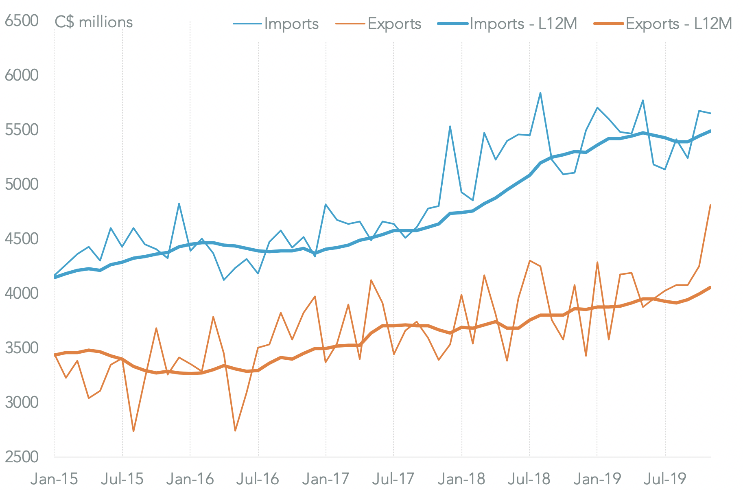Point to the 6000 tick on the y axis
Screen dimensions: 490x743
pyautogui.click(x=22, y=75)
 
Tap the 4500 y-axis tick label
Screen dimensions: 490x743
pyautogui.click(x=22, y=239)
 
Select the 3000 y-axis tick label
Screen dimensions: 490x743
pyautogui.click(x=22, y=402)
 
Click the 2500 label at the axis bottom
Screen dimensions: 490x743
pyautogui.click(x=22, y=457)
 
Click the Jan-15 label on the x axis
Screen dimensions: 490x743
pyautogui.click(x=54, y=479)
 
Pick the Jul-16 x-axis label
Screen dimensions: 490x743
pyautogui.click(x=258, y=479)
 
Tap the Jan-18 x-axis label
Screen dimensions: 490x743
pyautogui.click(x=461, y=479)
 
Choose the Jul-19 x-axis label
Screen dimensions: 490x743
pyautogui.click(x=665, y=479)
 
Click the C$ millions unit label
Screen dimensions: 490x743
pyautogui.click(x=94, y=22)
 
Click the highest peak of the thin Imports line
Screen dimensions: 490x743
pyautogui.click(x=540, y=93)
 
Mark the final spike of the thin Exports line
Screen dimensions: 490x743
pyautogui.click(x=710, y=205)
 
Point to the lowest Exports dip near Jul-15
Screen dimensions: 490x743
pyautogui.click(x=133, y=431)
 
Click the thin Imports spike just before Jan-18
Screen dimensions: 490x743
pyautogui.click(x=450, y=126)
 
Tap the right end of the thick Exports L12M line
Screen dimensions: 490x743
pyautogui.click(x=710, y=287)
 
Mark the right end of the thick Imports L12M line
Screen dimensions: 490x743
pyautogui.click(x=710, y=131)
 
